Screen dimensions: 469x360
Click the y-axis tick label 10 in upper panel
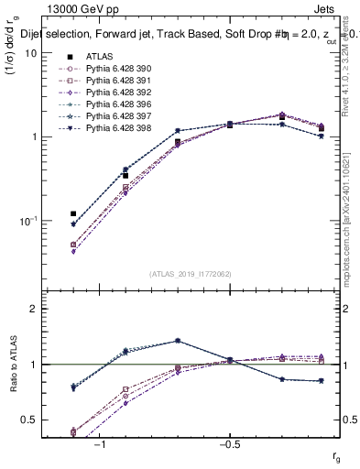click(30, 53)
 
